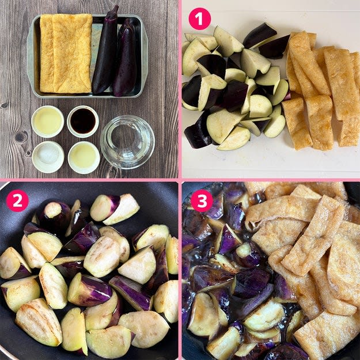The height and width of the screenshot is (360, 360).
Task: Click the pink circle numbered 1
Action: [x=199, y=18]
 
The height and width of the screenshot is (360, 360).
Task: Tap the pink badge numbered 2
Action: [x=17, y=200]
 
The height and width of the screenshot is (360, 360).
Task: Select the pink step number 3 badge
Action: [x=202, y=200]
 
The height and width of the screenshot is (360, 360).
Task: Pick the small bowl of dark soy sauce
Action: [x=83, y=122]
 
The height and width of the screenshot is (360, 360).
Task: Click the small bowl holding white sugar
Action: [x=48, y=157]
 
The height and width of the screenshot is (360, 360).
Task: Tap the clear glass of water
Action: [x=127, y=142]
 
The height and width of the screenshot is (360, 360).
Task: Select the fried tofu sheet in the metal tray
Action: [x=66, y=53]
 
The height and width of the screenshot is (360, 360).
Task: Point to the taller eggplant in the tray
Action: [x=105, y=51]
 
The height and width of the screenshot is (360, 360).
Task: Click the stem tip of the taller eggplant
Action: [x=116, y=7]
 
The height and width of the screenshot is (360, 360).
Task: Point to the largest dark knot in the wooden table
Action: [x=21, y=137]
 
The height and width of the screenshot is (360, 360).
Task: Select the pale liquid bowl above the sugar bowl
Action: [x=48, y=122]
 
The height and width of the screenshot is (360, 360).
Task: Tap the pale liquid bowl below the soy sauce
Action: [x=84, y=157]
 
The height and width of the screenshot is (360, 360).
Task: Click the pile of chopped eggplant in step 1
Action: [x=236, y=87]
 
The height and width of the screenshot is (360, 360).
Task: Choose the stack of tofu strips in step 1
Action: [x=321, y=90]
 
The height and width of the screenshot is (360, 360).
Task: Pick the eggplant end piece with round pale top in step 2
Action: [x=53, y=213]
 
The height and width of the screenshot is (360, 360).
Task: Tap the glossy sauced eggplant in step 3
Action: [x=230, y=275]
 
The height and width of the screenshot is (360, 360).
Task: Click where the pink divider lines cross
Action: [x=180, y=180]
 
